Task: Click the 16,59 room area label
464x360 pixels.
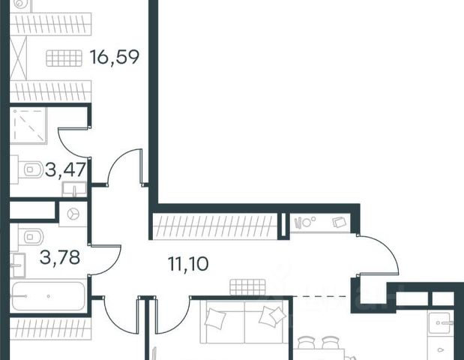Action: point(113,57)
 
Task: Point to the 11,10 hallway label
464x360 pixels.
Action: point(187,263)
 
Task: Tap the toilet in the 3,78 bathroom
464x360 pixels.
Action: point(30,238)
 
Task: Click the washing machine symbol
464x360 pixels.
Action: point(73,214)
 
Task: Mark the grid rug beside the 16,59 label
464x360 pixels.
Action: point(63,58)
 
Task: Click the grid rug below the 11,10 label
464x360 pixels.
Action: point(248,287)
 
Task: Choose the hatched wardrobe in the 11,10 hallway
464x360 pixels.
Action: point(215,225)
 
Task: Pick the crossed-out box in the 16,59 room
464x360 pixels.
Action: point(19,57)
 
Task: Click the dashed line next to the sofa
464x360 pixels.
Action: point(320,298)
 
